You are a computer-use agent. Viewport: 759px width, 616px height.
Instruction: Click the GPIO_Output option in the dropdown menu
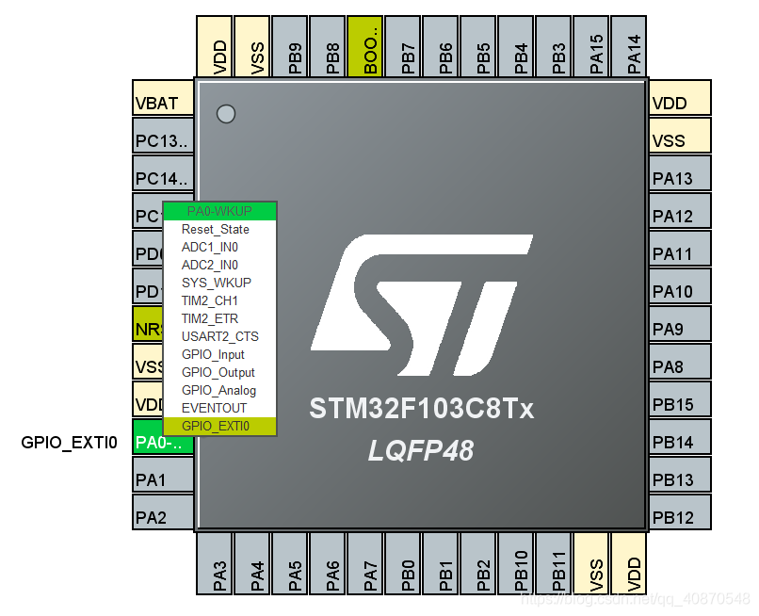218,372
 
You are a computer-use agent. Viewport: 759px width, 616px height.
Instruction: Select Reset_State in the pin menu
216,229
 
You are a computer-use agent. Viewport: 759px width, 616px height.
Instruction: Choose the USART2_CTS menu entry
219,336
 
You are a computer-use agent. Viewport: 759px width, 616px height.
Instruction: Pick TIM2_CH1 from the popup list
210,300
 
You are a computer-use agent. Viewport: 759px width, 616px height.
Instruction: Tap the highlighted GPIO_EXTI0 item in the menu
217,426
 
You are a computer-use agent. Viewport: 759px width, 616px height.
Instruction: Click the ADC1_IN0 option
210,247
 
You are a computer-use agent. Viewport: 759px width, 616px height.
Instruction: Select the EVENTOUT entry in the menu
214,408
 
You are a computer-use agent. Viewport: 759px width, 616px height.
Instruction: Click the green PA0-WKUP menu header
219,211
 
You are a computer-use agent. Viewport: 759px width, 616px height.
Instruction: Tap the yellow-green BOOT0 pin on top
366,46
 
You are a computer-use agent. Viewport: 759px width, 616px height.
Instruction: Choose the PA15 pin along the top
592,46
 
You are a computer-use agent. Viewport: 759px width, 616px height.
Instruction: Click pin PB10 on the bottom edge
517,563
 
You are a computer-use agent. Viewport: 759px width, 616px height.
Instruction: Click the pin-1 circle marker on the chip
225,114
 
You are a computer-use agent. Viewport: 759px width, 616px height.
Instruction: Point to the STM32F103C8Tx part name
421,410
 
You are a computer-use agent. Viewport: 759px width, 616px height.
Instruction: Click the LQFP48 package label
421,452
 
